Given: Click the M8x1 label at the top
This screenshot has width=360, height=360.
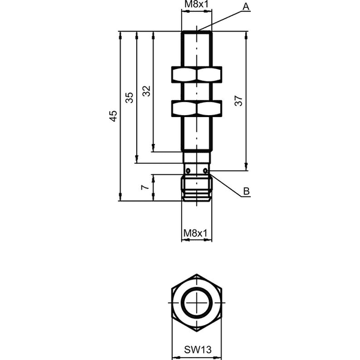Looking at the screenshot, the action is tap(196, 4).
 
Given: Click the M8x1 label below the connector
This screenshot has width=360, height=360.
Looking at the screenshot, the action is tap(196, 233).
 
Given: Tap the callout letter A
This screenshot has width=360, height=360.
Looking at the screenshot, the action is tap(246, 7).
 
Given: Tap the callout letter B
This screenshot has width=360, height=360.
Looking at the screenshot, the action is tap(247, 191).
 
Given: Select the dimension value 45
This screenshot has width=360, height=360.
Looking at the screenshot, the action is tap(113, 116).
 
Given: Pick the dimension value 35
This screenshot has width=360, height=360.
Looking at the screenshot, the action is tap(129, 97).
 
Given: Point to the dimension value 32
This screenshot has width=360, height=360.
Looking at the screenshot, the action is tap(146, 91).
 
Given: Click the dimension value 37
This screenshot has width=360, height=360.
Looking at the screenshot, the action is tap(239, 101).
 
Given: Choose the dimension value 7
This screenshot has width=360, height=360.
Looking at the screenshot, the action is tap(145, 187).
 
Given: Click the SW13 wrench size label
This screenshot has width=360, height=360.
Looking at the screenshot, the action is tap(197, 350).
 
